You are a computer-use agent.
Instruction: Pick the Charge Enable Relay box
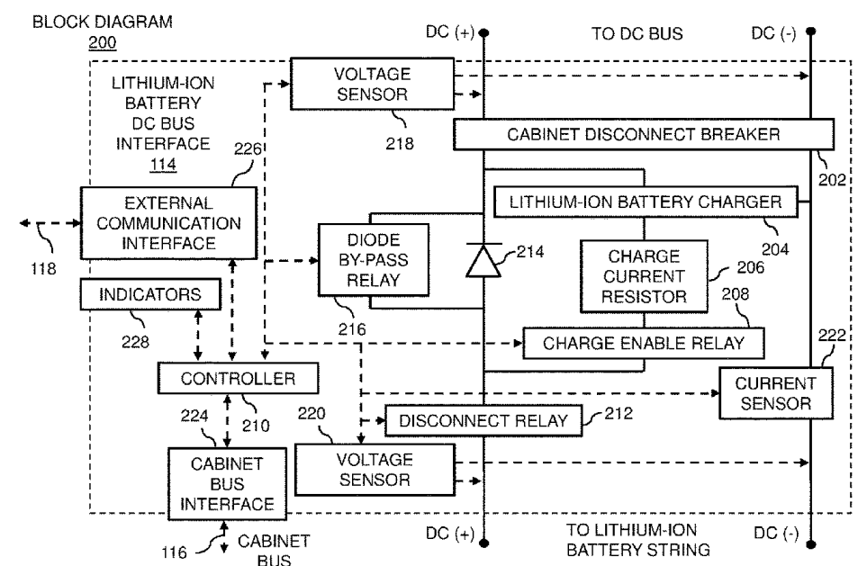coord(643,342)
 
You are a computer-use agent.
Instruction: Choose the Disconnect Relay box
coord(483,420)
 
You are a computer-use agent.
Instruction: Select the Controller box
coord(237,379)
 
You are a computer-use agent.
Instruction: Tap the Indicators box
coord(151,292)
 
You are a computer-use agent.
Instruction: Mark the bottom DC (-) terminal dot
coord(812,544)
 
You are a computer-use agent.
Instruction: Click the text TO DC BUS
coord(636,34)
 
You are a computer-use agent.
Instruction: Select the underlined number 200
coord(103,42)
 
